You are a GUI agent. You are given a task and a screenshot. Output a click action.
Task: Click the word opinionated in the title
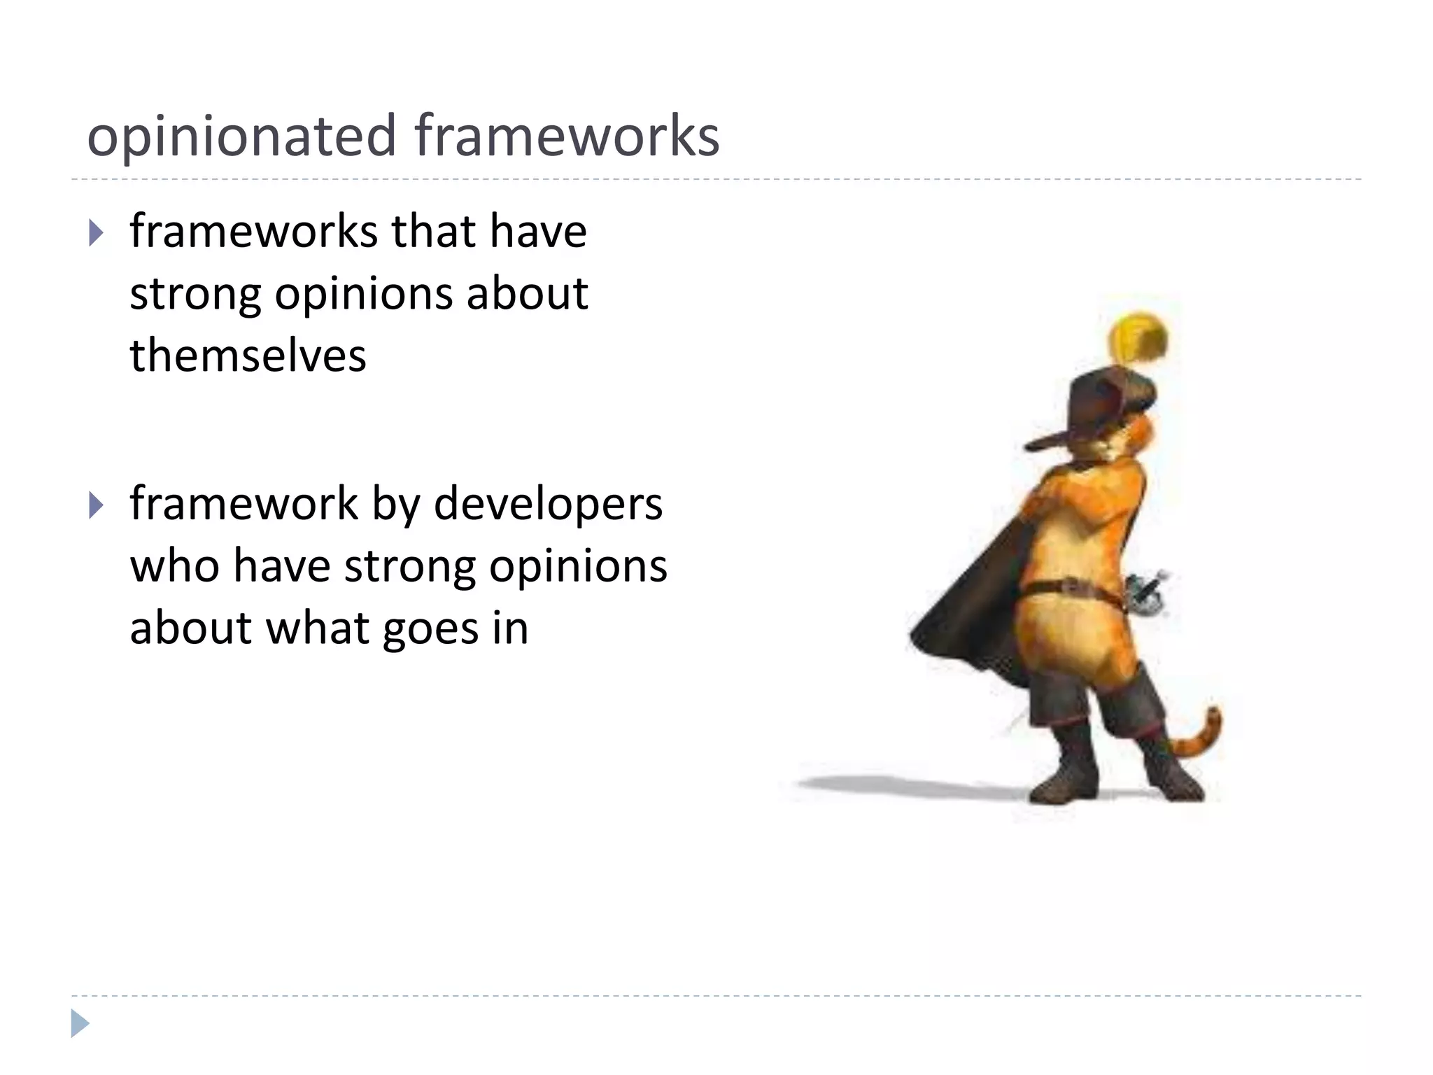pos(241,136)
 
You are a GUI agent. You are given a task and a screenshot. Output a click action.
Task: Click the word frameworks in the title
pos(567,135)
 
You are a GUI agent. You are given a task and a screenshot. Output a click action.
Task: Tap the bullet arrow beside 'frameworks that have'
pos(97,233)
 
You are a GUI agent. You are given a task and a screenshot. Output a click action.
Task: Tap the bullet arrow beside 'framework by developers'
pos(97,505)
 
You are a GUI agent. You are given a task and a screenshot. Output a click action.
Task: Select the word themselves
pos(248,355)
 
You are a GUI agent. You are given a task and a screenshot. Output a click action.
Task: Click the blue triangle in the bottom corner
pos(80,1023)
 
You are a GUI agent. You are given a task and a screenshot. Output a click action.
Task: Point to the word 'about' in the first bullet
pos(527,293)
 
